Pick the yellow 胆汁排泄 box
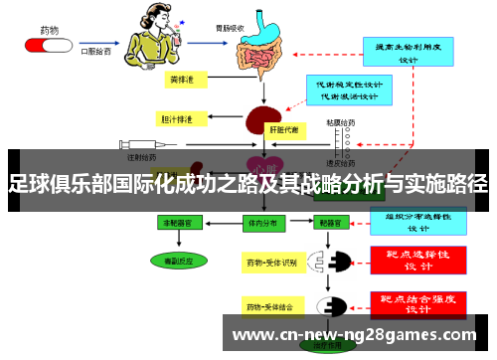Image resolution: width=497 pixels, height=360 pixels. coord(178,118)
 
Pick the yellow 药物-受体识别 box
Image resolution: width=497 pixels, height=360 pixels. coord(270,263)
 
